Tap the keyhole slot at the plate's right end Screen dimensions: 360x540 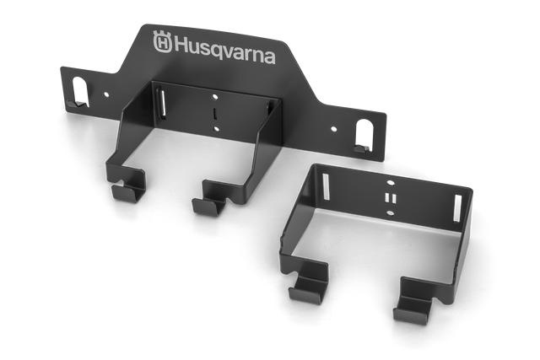pyautogui.click(x=364, y=135)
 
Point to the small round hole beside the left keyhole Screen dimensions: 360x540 pyautogui.click(x=106, y=95)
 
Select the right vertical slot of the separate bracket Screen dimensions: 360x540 pyautogui.click(x=458, y=207)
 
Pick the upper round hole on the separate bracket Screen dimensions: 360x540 pyautogui.click(x=390, y=181)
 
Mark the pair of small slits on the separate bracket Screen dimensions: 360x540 pyautogui.click(x=389, y=197)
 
